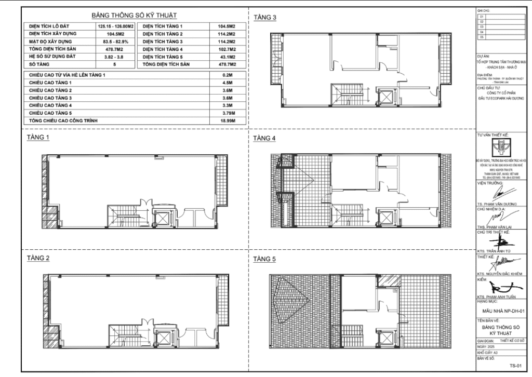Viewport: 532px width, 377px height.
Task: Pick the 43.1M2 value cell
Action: [224, 56]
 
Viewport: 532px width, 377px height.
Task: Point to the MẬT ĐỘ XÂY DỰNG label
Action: [50, 41]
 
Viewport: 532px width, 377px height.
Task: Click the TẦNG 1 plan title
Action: [38, 138]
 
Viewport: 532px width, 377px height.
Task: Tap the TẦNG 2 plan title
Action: [38, 258]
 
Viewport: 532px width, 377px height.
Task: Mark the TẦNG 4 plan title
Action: [265, 138]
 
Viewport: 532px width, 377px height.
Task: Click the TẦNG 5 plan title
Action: [265, 258]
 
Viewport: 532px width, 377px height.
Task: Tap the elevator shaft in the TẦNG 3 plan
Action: [385, 97]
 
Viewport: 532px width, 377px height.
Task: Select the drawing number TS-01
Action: [515, 365]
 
